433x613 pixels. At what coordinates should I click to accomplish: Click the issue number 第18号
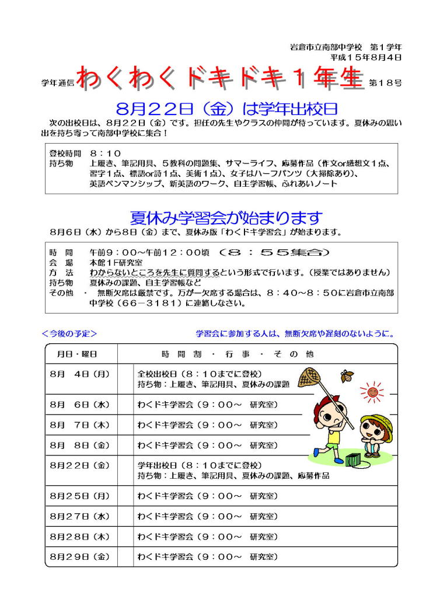(x=385, y=83)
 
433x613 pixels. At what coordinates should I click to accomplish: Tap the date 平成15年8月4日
(x=365, y=58)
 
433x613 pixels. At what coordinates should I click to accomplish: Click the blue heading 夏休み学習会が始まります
(x=226, y=218)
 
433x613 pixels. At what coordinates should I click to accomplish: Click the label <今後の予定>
(x=69, y=334)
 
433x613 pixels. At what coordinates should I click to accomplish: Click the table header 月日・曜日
(x=77, y=354)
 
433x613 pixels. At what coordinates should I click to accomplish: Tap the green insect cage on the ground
(x=354, y=459)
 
